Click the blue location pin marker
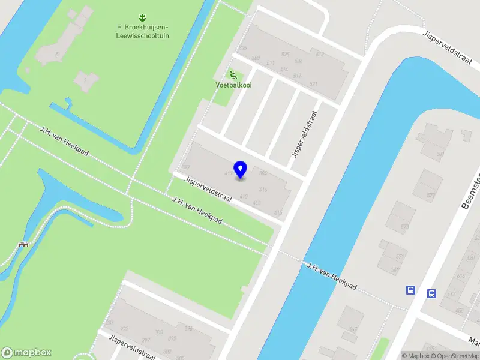241,170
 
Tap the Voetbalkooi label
233,85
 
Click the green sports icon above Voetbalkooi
233,75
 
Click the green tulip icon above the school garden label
142,16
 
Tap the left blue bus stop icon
411,290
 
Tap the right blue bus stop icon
431,293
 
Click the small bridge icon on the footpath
25,244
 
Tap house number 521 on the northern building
313,84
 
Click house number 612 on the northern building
320,55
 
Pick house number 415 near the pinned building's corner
278,213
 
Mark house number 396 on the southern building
188,328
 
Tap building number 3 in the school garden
85,80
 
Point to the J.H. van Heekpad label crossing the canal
332,277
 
